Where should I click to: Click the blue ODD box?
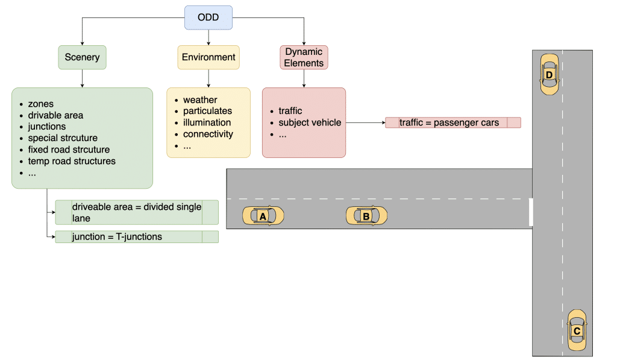click(208, 17)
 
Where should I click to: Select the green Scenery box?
click(82, 57)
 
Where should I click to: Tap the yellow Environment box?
click(208, 57)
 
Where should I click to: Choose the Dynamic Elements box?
click(304, 57)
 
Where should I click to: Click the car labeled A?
click(263, 215)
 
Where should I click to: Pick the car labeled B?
click(366, 215)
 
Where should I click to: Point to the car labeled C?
click(577, 330)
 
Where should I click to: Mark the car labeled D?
click(549, 74)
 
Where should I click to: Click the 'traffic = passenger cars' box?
click(453, 122)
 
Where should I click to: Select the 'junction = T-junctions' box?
click(137, 237)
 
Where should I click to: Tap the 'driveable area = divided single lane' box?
click(137, 212)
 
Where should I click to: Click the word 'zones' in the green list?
click(41, 104)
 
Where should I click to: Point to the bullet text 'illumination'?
click(207, 122)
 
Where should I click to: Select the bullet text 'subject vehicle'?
click(310, 122)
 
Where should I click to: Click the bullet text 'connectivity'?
click(208, 134)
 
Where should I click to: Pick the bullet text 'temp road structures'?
click(72, 161)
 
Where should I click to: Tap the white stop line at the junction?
click(531, 212)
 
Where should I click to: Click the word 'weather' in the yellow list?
click(200, 99)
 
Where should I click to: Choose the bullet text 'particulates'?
click(207, 111)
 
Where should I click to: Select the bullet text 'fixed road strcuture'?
click(69, 150)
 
